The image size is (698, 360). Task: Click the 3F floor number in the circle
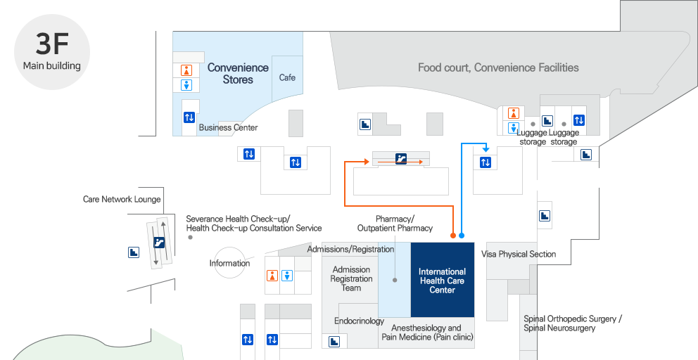(x=52, y=44)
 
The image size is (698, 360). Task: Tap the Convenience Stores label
(x=238, y=74)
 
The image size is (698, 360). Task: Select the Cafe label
(x=287, y=77)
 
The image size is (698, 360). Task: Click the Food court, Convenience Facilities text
(x=498, y=67)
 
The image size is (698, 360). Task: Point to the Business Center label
(x=228, y=128)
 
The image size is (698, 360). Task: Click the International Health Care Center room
(x=442, y=281)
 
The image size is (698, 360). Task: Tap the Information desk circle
(x=229, y=263)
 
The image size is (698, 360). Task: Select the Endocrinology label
(x=358, y=321)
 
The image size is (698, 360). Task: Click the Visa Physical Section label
(x=519, y=254)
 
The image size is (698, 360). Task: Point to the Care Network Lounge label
(x=122, y=200)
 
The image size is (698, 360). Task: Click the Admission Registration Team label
(x=351, y=278)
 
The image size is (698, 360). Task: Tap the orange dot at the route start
(x=452, y=236)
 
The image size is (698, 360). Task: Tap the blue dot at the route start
(x=462, y=236)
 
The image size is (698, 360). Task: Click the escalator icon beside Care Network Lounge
(x=159, y=243)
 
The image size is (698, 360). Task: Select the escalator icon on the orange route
(x=400, y=159)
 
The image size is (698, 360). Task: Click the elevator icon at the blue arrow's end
(x=486, y=162)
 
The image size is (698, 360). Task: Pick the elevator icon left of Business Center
(x=189, y=117)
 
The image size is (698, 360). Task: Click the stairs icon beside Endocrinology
(x=335, y=341)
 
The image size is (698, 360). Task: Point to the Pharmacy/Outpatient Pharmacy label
(x=395, y=224)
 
